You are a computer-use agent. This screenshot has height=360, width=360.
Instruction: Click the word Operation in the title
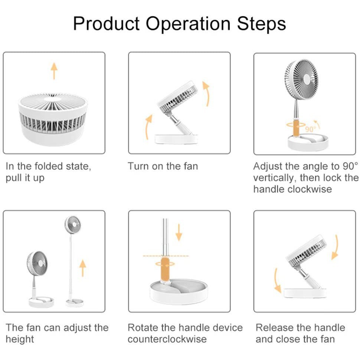point(188,24)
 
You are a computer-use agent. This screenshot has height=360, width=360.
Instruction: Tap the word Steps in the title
point(261,23)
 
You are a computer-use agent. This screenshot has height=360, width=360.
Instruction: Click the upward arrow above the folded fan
point(54,71)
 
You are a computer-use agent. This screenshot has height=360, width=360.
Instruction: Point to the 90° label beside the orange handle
point(309,129)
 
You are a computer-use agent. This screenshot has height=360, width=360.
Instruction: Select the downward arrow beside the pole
point(179,233)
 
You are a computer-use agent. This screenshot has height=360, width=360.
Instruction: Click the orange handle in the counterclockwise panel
point(165,269)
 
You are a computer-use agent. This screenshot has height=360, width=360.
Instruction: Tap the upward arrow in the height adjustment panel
point(83,268)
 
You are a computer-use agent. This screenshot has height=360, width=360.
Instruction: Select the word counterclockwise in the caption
point(167,339)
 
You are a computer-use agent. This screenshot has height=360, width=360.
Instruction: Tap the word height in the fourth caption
point(20,339)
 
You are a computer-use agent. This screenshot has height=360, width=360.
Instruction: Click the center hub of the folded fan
point(53,99)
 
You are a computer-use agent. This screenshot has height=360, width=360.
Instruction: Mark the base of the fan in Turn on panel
point(176,139)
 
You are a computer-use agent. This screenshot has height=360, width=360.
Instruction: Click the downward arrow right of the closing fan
point(335,247)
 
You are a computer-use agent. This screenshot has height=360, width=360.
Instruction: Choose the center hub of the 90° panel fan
point(307,79)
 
